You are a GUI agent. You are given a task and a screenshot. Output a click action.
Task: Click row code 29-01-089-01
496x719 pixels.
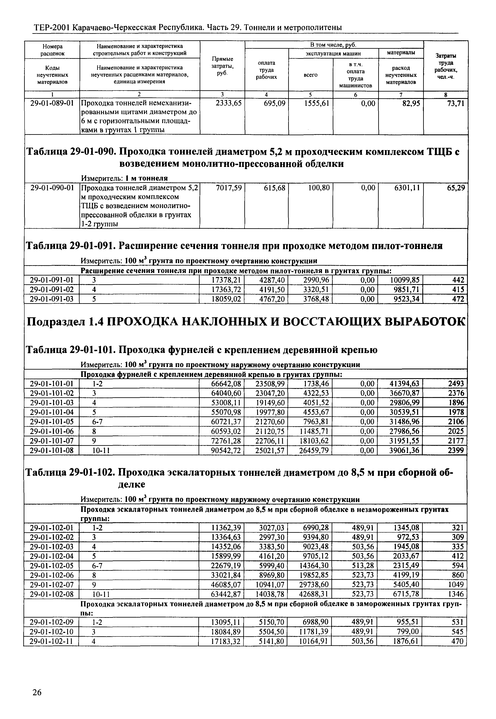tap(52, 103)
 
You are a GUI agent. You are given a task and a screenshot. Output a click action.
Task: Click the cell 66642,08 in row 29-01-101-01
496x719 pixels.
tap(226, 384)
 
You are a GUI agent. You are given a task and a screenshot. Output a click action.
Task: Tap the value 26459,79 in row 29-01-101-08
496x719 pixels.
tap(314, 450)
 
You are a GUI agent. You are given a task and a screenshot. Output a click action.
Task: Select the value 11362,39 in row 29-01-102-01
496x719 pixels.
tap(226, 527)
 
